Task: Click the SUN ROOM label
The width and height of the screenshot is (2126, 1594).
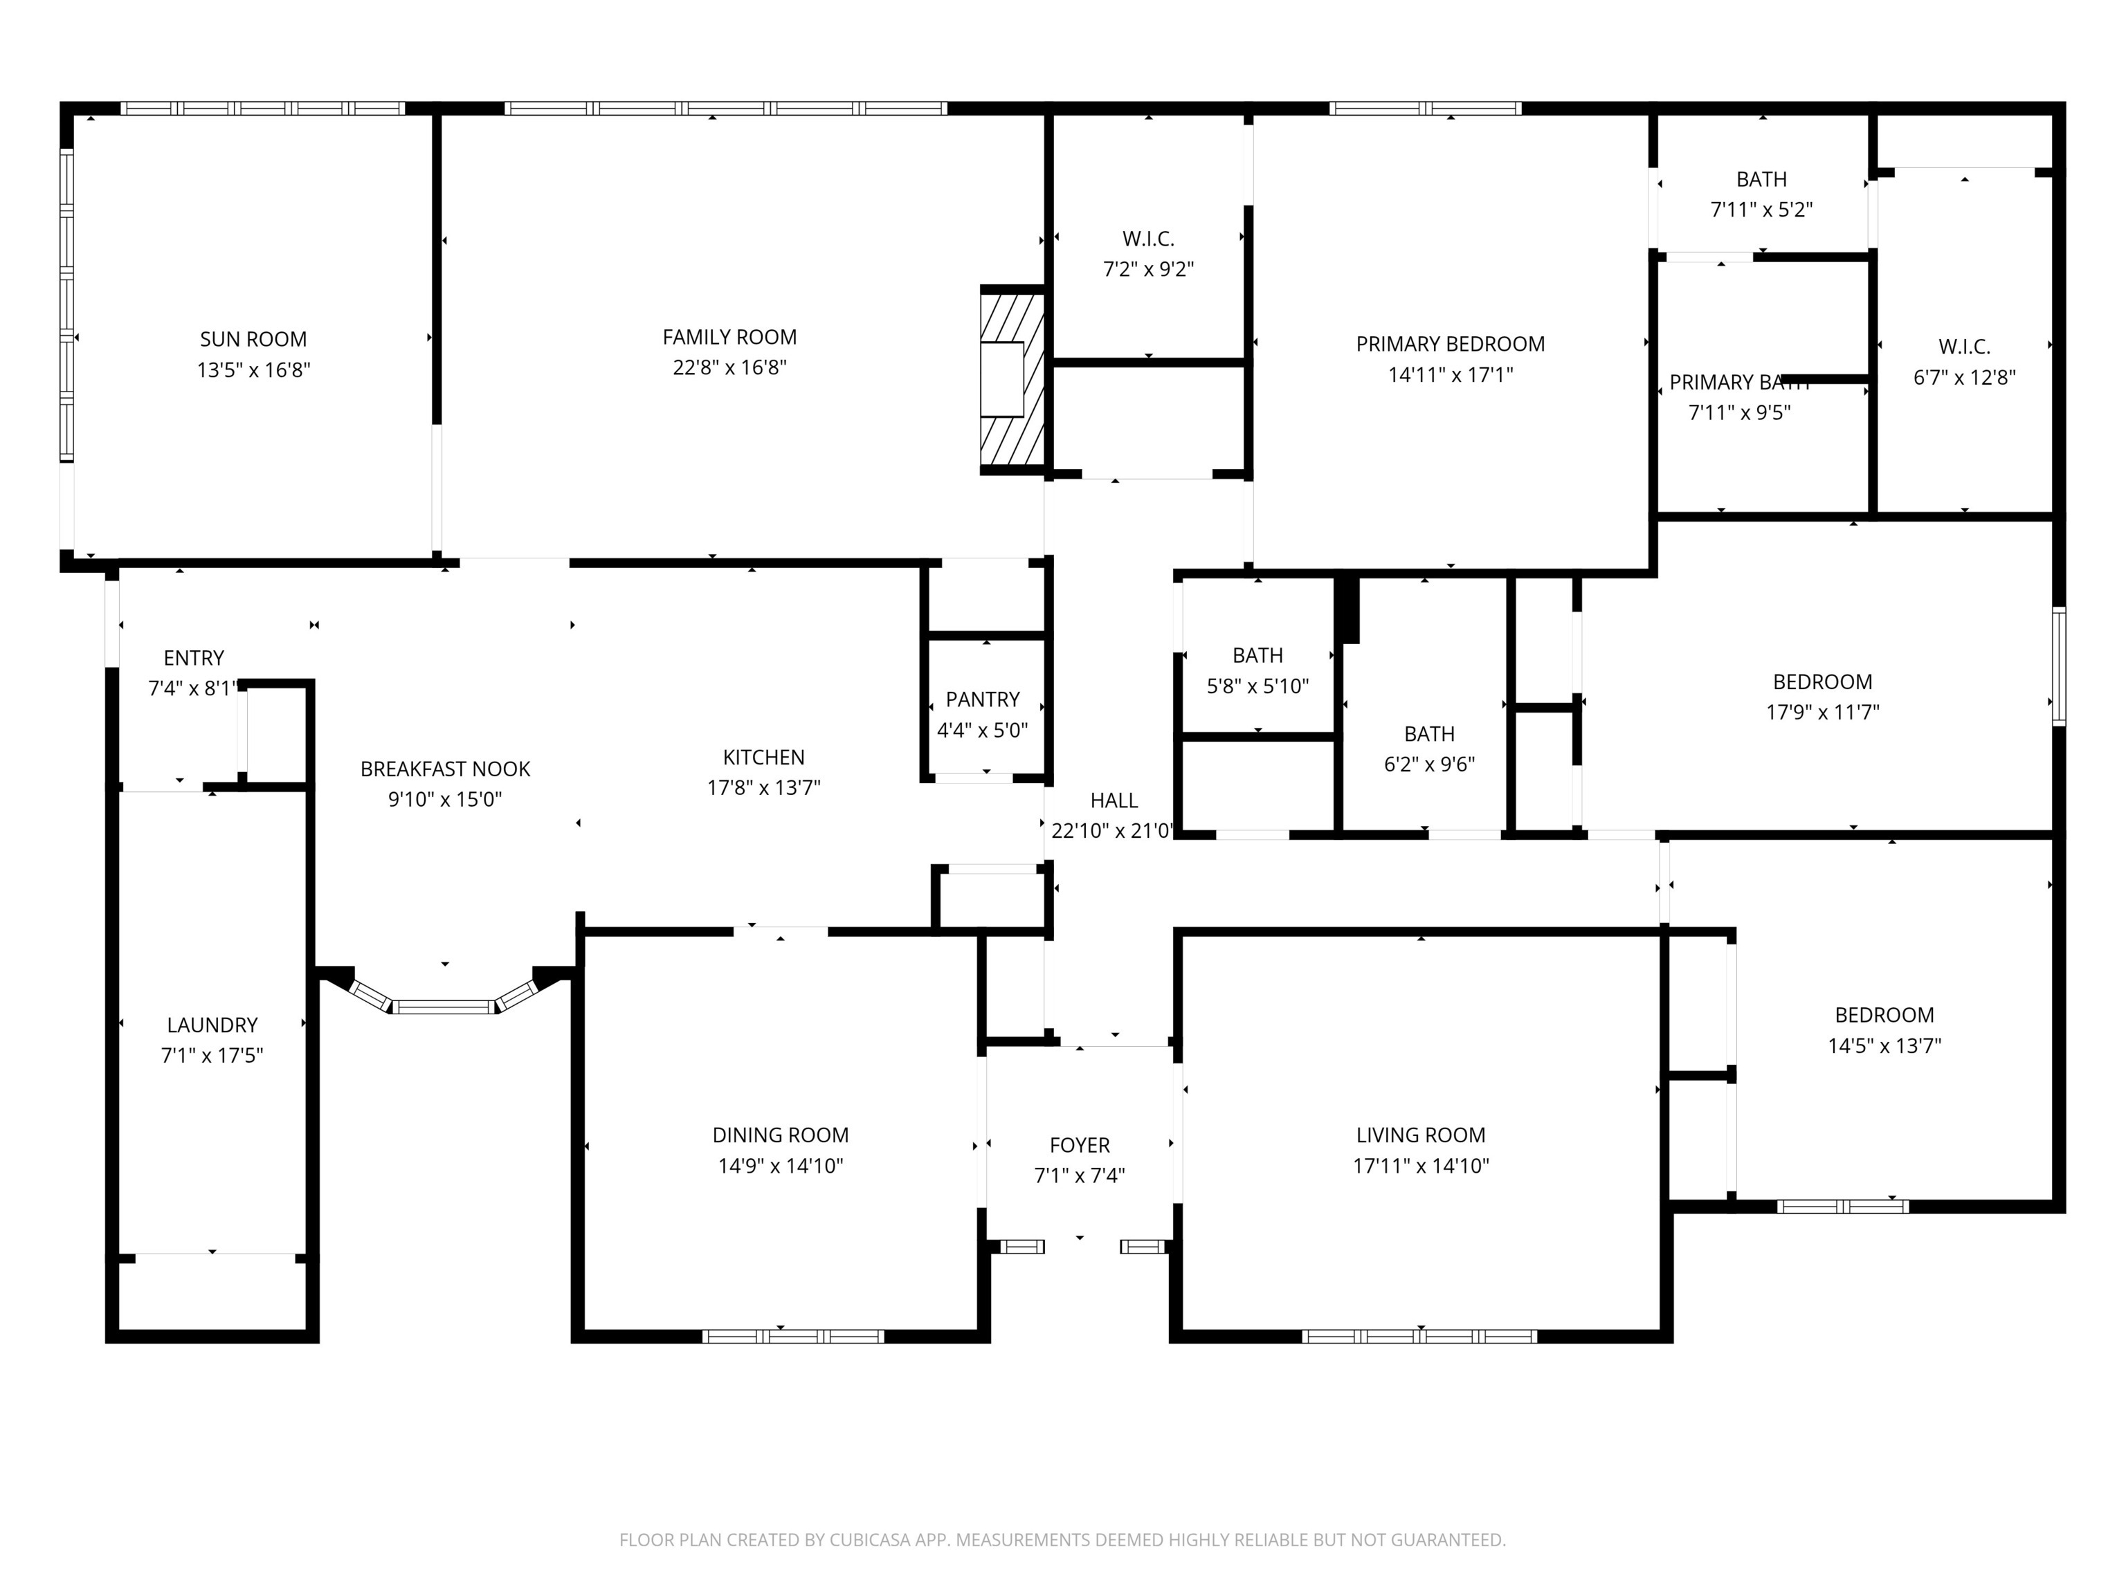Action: click(x=254, y=339)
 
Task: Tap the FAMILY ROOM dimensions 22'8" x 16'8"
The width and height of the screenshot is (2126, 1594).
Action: click(x=729, y=367)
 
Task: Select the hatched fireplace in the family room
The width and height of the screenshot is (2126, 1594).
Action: click(x=1012, y=380)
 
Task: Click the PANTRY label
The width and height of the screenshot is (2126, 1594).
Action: click(x=982, y=699)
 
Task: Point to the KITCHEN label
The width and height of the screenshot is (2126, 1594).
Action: click(x=764, y=757)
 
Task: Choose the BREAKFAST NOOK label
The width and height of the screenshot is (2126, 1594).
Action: click(x=445, y=769)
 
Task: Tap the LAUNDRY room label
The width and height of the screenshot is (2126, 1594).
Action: click(x=212, y=1025)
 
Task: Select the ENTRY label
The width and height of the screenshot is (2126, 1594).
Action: click(x=194, y=658)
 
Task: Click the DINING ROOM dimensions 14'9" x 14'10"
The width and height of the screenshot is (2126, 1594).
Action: click(x=781, y=1166)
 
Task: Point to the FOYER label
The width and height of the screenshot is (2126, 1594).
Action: click(x=1080, y=1145)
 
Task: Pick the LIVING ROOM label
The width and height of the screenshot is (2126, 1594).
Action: click(x=1421, y=1135)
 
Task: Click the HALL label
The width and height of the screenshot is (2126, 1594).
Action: click(x=1114, y=800)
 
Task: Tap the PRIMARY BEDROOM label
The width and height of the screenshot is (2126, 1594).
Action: click(x=1451, y=344)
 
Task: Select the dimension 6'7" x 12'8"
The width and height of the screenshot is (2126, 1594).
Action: click(x=1965, y=378)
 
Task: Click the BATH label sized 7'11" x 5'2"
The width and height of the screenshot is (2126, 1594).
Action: click(x=1762, y=180)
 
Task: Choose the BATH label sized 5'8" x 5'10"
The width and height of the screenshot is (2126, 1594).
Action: click(x=1258, y=655)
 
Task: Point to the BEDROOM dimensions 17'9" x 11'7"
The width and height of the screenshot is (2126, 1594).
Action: click(x=1824, y=712)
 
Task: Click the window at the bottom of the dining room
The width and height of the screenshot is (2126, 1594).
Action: click(x=793, y=1335)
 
